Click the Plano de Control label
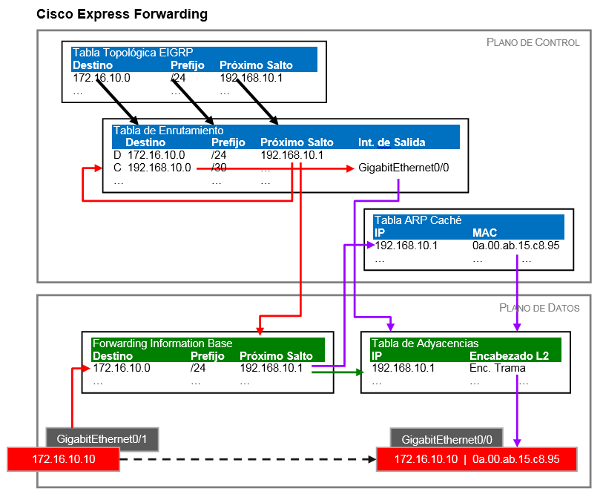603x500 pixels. [x=533, y=42]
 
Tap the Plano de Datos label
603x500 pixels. [x=539, y=307]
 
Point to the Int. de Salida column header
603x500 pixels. [x=392, y=142]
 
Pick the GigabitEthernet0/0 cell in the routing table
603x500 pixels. [x=403, y=168]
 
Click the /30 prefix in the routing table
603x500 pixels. [x=219, y=168]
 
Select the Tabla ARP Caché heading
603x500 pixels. [x=418, y=220]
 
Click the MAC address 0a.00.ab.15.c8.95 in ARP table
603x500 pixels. [x=515, y=246]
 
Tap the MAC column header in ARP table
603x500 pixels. [x=484, y=233]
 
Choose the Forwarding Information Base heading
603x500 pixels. [x=162, y=343]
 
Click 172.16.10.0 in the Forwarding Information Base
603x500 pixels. [x=122, y=368]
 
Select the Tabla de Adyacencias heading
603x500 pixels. [x=425, y=343]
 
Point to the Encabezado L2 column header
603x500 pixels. [x=509, y=356]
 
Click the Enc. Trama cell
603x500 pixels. [x=497, y=368]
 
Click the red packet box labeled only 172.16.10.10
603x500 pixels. [x=63, y=460]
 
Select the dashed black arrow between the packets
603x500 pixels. [x=245, y=460]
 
